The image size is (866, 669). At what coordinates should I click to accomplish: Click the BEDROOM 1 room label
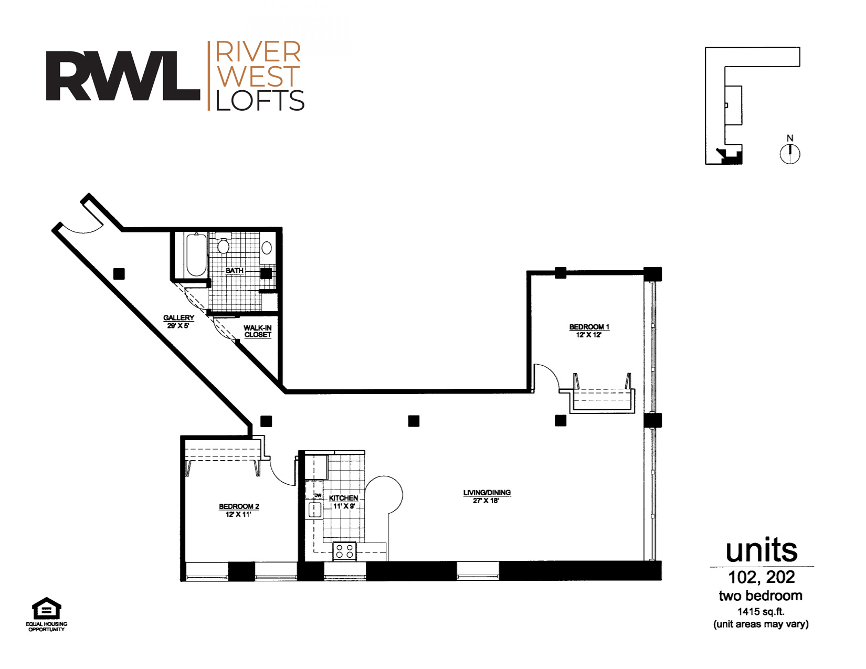(589, 327)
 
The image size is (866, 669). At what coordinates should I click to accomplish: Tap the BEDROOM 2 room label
(239, 506)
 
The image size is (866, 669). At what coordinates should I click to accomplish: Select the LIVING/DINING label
(487, 493)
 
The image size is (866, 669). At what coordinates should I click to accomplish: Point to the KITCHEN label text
(343, 498)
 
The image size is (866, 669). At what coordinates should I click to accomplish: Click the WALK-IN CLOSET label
(258, 332)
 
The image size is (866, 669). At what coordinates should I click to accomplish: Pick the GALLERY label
(178, 318)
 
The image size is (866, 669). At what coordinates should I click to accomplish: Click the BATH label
(234, 271)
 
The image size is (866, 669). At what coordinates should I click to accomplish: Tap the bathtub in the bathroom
(196, 254)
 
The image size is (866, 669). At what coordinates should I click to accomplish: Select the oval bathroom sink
(267, 248)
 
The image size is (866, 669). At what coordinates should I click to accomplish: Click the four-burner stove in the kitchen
(344, 551)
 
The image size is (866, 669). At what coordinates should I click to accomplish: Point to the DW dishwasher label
(318, 496)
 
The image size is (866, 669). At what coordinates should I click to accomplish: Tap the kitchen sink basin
(315, 509)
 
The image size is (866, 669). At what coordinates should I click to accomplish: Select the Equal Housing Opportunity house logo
(46, 609)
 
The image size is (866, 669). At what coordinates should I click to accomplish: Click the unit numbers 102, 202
(761, 577)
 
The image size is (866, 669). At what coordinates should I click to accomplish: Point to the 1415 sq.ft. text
(761, 611)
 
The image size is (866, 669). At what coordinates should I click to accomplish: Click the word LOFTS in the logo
(260, 100)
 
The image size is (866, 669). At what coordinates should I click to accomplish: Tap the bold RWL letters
(123, 76)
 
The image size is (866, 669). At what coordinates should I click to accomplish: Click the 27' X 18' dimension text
(486, 501)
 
